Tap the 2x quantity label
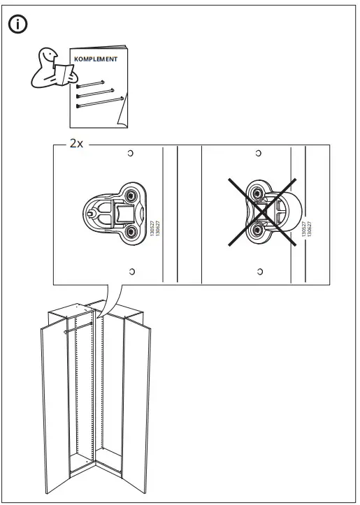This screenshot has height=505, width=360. coord(75,144)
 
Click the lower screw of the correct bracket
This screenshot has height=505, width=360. coord(131,231)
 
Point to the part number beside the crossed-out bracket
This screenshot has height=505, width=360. coord(306,230)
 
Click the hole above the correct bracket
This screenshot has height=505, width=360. coord(131,153)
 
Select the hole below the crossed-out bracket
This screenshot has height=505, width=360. coord(260,270)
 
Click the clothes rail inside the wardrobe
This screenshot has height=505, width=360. coord(78,322)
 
